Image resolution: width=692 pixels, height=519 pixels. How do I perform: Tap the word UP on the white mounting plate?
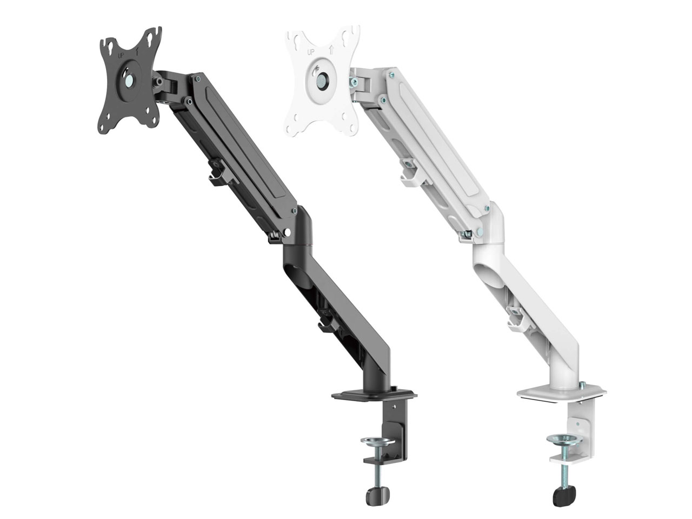311,52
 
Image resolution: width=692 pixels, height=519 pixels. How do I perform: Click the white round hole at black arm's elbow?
287,233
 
